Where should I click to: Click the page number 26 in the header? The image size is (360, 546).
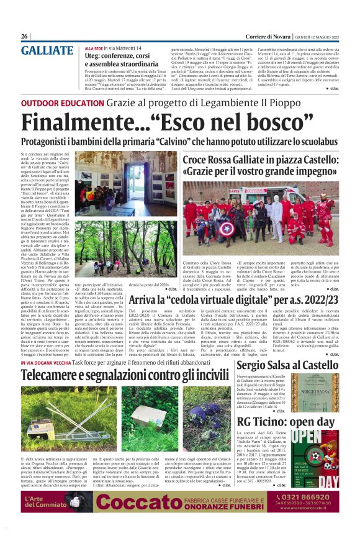24,37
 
